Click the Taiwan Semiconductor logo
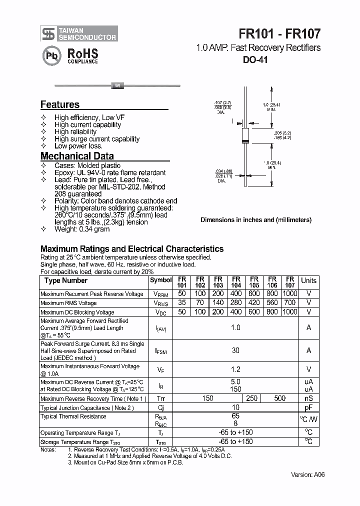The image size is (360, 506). pos(79,33)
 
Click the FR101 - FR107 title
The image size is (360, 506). pos(279,33)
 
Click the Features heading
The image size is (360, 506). pos(60,104)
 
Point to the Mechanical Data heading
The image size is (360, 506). pos(77,155)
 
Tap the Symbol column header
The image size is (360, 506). pos(160,280)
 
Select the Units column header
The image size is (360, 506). pos(308,280)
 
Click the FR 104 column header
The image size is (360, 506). pos(236,282)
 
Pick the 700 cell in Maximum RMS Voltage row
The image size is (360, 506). pos(290,303)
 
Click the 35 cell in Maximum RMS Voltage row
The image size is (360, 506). pos(182,303)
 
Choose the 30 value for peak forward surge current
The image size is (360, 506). pos(235,350)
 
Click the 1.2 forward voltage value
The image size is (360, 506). pos(235,369)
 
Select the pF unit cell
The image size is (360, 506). pos(308,407)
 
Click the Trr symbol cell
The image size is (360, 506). pos(160,398)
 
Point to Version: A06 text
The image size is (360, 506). pos(308,474)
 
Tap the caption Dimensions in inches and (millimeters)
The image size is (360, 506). pos(256,219)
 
